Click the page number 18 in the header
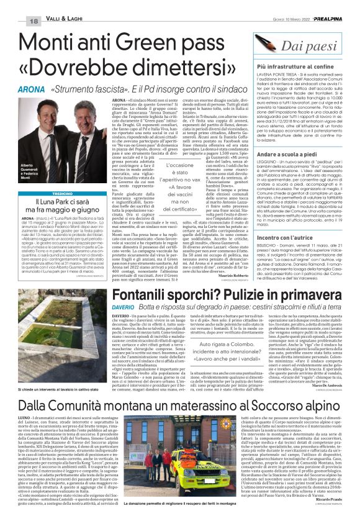(x=17, y=4)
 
